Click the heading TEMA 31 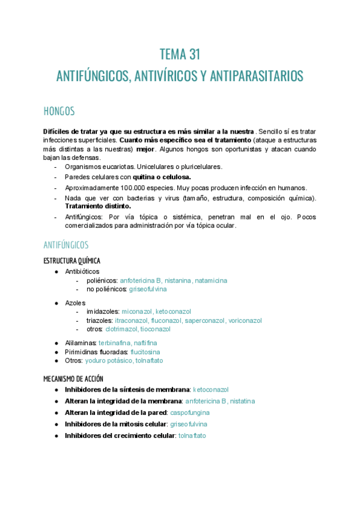[180, 55]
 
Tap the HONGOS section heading [59, 111]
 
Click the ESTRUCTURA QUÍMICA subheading [72, 260]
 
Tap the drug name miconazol [136, 312]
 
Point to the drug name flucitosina [145, 351]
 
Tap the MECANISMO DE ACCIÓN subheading [73, 379]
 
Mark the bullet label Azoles [75, 302]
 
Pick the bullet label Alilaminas [80, 342]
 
